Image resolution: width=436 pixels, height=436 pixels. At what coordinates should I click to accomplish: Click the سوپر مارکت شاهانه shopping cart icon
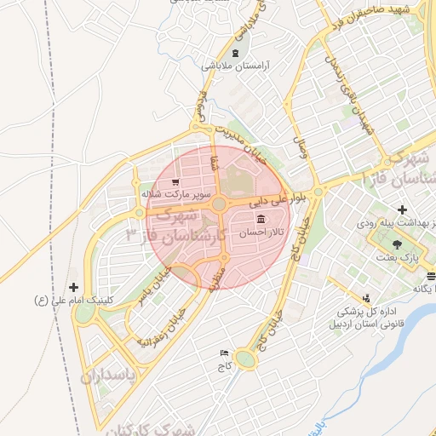tap(175, 181)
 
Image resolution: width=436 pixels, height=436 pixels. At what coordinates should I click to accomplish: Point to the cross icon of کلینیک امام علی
tap(74, 288)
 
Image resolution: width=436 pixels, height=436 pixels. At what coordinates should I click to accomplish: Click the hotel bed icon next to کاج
tap(225, 353)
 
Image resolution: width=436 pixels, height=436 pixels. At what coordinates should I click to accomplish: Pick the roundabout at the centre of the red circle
tap(219, 204)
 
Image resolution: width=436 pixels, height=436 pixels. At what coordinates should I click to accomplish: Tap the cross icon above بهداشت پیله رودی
tap(402, 209)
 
